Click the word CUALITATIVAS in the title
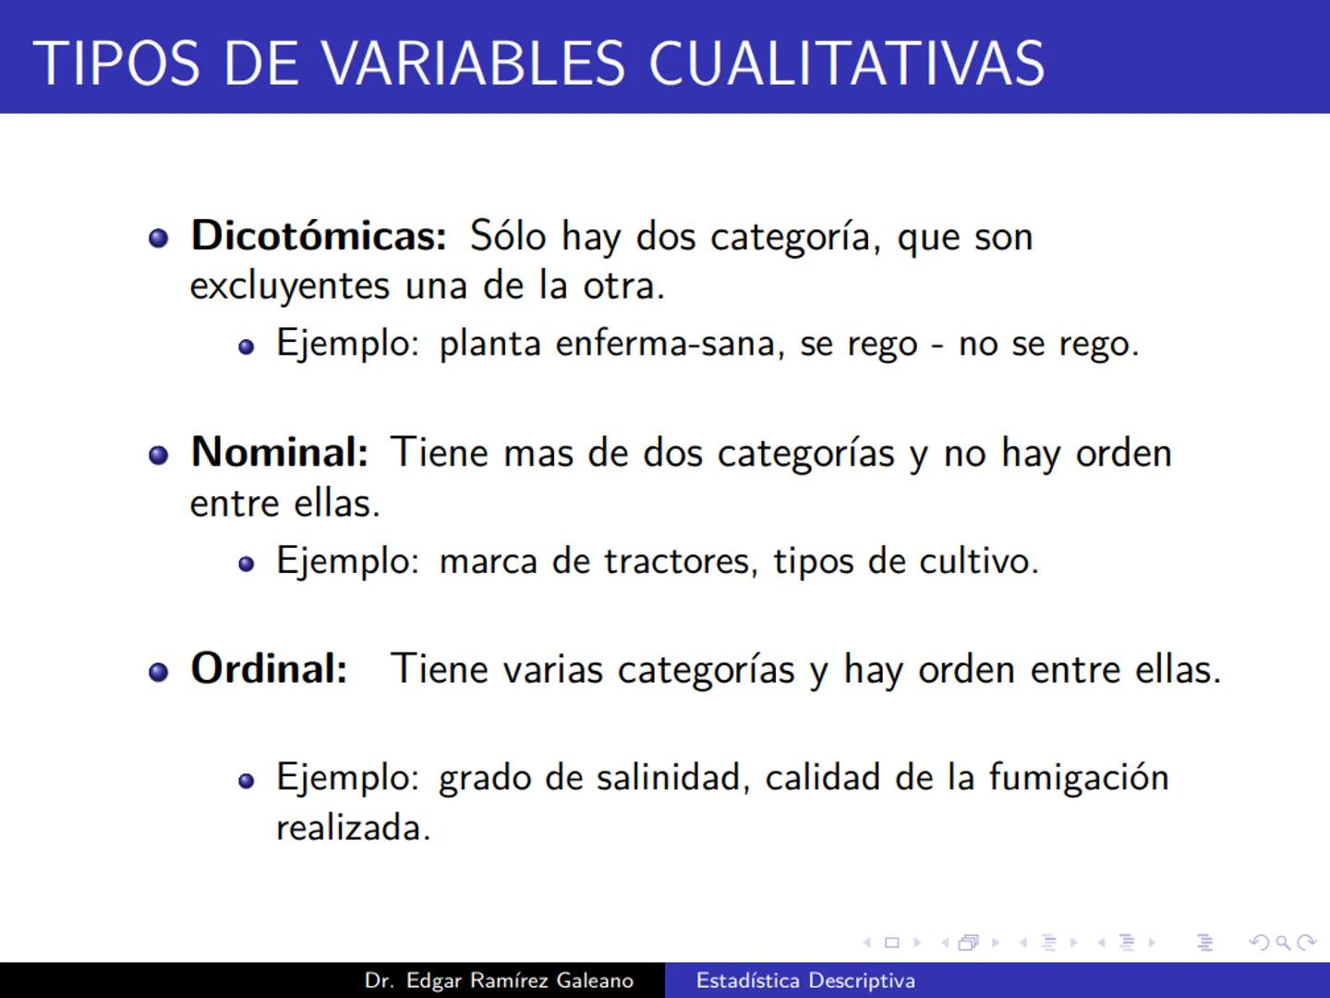coord(846,64)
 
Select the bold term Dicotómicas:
coord(319,237)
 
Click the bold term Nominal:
coord(279,453)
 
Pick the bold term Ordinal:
coord(269,669)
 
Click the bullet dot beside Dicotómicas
coord(159,238)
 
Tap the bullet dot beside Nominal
coord(159,455)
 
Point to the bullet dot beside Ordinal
coord(159,671)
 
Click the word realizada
coord(353,827)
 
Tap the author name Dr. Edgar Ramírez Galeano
coord(499,980)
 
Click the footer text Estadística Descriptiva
coord(805,980)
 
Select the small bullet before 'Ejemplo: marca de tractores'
coord(246,564)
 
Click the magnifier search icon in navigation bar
coord(1283,943)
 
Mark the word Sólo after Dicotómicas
coord(508,237)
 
